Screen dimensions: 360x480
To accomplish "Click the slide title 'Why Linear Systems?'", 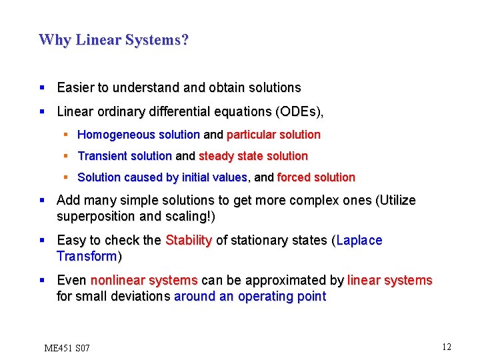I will point(114,40).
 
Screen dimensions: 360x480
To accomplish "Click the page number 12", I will point(446,347).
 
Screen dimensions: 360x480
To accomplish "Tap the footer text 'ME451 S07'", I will point(67,348).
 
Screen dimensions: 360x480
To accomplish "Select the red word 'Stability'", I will point(188,240).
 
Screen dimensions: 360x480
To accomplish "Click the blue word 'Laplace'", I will point(359,240).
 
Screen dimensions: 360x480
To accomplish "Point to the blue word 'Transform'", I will point(87,257).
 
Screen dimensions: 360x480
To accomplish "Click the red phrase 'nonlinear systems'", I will point(144,280).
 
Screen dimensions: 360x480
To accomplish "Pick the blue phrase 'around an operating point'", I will point(250,297).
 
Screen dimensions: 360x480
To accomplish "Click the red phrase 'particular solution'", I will point(273,135).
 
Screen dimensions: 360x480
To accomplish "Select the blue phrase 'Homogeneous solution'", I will point(139,135).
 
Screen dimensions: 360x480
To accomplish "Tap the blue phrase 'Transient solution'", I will point(125,156).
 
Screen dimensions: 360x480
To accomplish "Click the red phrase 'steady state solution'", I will point(253,156).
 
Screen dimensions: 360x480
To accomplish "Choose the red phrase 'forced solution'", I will point(316,177).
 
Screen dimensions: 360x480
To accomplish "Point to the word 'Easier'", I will point(77,87).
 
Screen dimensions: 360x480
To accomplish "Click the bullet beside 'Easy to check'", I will point(42,240).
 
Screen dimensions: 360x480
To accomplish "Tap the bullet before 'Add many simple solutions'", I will point(42,200).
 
